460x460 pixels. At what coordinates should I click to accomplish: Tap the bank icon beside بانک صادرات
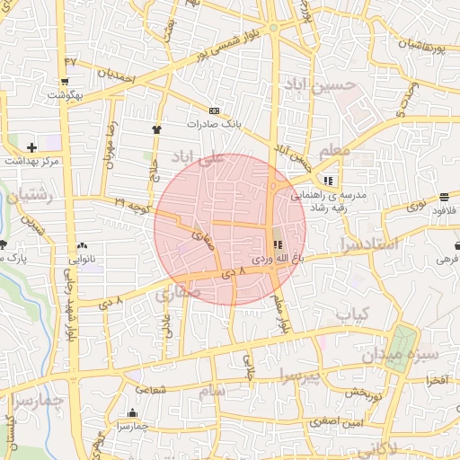pos(213,111)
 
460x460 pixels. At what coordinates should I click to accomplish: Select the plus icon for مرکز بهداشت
pos(32,146)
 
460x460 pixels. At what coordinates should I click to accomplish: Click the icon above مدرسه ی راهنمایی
pos(340,180)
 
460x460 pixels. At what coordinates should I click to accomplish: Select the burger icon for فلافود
pos(445,198)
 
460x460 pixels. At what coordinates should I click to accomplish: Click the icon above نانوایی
pos(84,243)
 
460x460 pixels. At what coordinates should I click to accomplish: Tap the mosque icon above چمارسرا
pos(132,413)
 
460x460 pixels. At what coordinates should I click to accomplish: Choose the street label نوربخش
pos(366,393)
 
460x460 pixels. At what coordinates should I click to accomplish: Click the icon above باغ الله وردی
pos(274,244)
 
